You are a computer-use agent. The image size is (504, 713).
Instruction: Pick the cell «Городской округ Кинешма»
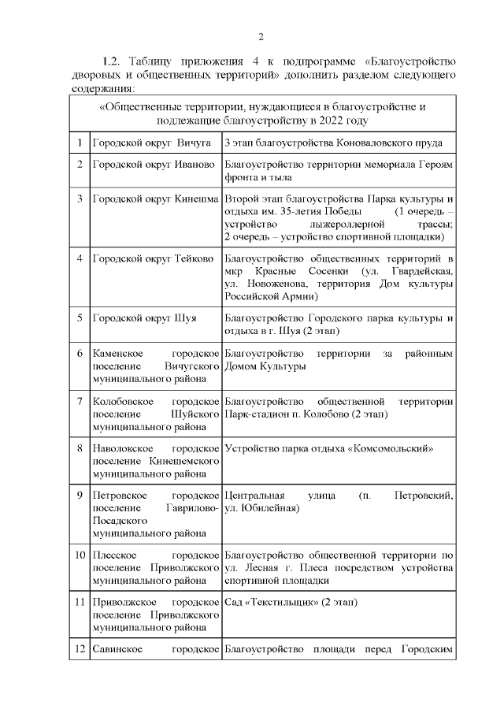tap(155, 198)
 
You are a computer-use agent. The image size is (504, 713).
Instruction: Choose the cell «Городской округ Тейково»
tap(153, 258)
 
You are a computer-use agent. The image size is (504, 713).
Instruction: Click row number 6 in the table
tap(80, 353)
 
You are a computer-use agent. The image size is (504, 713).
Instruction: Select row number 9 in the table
tap(80, 495)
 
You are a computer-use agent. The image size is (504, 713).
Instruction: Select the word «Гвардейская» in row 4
tap(422, 271)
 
